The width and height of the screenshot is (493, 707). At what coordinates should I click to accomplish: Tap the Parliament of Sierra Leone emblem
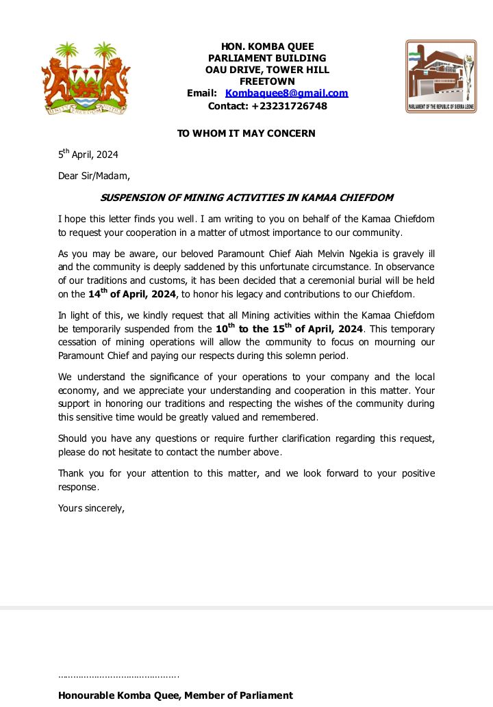pos(441,76)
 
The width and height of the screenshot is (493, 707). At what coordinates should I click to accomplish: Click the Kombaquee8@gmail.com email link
pos(286,93)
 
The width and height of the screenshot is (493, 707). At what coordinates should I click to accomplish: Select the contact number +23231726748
pos(289,106)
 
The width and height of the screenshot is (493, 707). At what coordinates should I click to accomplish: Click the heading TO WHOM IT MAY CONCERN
pos(246,133)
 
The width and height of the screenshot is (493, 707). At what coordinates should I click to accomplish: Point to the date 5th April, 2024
pos(88,155)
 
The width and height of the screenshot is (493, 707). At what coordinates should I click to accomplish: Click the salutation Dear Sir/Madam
pos(94,176)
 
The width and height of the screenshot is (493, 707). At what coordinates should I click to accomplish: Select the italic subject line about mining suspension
pos(246,198)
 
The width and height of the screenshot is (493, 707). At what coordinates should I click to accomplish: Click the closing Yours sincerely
pos(91,508)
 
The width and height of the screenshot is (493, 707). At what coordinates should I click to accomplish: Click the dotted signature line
pos(118,676)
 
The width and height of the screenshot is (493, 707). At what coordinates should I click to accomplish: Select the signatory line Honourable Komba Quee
pos(175,695)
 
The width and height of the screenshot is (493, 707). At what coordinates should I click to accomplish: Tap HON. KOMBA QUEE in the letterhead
pos(267,46)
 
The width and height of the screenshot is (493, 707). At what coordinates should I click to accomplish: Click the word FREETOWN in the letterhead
pos(267,81)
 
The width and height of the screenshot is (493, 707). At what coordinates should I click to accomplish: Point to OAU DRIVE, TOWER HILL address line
pos(267,70)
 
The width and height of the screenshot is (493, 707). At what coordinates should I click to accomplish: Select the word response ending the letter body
pos(78,488)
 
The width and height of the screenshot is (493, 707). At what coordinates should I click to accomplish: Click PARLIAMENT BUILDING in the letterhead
pos(267,58)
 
